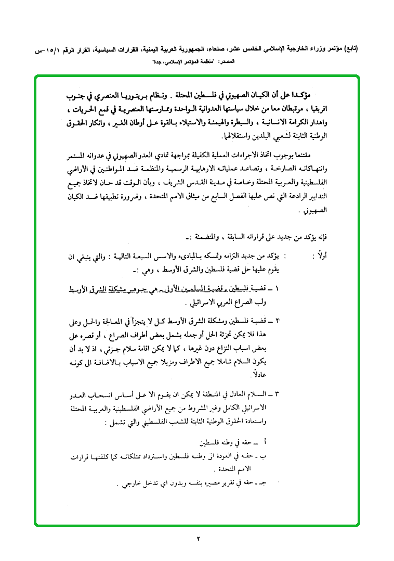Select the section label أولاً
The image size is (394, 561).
[317, 256]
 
